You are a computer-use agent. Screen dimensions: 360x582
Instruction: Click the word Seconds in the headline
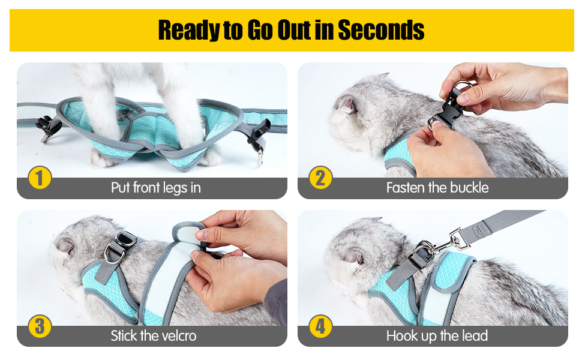[x=381, y=30]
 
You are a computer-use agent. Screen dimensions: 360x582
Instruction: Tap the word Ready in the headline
[x=190, y=30]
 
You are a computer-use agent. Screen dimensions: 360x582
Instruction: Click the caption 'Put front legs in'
[x=155, y=188]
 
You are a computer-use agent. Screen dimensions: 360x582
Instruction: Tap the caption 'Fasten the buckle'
[x=437, y=188]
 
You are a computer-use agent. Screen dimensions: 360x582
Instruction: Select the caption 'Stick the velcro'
[x=153, y=336]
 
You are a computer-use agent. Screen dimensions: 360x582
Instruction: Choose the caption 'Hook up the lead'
[x=437, y=336]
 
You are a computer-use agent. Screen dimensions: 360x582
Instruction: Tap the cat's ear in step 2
[x=347, y=105]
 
